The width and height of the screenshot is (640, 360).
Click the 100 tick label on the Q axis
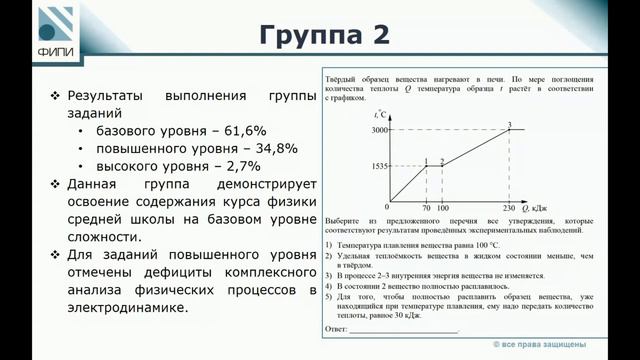pyautogui.click(x=443, y=209)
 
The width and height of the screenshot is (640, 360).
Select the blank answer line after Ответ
pyautogui.click(x=404, y=328)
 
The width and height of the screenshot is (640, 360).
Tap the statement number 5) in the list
pyautogui.click(x=331, y=297)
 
